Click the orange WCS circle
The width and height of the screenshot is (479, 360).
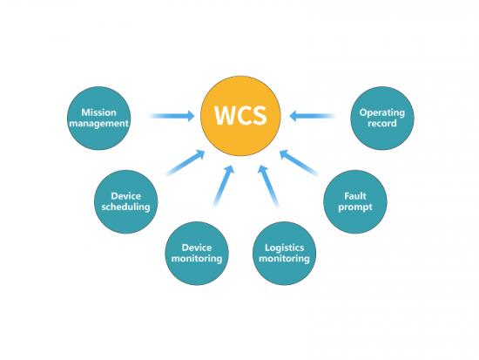click(240, 116)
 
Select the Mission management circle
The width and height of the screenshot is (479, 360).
click(99, 118)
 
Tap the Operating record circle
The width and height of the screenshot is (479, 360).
click(381, 118)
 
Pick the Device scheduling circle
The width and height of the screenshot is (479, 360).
click(126, 201)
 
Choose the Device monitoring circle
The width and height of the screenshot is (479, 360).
click(197, 254)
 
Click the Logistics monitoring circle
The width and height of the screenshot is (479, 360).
click(284, 254)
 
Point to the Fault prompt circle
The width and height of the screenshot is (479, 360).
click(355, 201)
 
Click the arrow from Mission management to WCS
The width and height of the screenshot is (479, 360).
click(172, 116)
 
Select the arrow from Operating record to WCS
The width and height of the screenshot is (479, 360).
click(312, 116)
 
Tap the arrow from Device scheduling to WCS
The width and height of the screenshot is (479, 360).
click(186, 162)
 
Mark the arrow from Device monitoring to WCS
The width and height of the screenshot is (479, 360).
click(224, 187)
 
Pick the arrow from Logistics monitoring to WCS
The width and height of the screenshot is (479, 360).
click(268, 187)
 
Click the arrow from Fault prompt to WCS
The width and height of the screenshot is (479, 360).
click(299, 162)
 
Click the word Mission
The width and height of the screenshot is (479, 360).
click(98, 112)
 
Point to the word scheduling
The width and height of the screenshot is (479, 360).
click(126, 207)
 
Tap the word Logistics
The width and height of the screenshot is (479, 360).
click(284, 248)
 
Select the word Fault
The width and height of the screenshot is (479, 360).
click(355, 196)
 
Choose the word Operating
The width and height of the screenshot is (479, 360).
click(381, 112)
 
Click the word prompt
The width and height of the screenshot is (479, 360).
click(355, 207)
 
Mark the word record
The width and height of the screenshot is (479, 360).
click(381, 123)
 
